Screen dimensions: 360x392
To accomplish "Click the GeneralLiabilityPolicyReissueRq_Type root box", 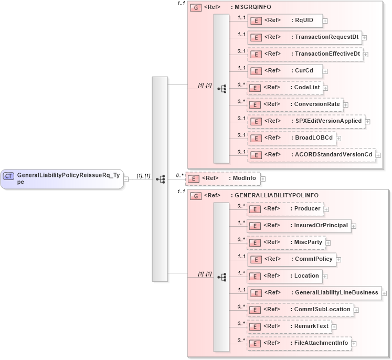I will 62,178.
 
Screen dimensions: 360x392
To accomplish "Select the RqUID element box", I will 284,20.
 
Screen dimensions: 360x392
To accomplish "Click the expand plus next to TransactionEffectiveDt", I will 366,55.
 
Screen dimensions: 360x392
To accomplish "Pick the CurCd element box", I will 284,71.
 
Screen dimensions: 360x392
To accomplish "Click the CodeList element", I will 284,88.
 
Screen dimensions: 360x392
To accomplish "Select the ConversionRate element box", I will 295,104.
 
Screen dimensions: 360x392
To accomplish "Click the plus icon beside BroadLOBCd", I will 340,138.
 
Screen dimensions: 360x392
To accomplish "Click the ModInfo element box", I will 223,178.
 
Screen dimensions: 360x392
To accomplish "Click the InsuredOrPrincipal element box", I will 298,226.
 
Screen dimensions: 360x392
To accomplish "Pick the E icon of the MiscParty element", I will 255,243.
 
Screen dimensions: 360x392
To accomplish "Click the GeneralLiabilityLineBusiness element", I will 314,293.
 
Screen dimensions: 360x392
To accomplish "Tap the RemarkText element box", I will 289,326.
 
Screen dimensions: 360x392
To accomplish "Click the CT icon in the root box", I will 8,176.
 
